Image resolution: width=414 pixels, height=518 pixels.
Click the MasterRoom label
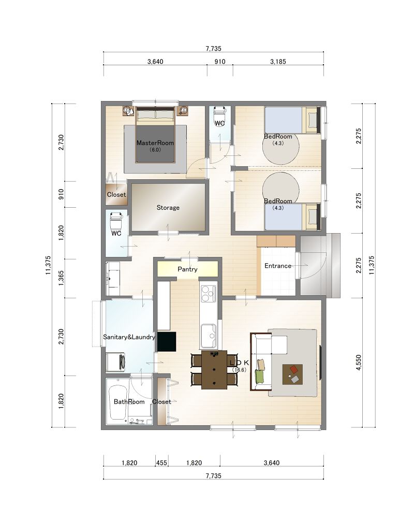tap(155, 143)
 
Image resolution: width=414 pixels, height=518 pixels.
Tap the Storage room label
tap(168, 208)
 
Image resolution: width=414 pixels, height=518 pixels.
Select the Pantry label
tap(187, 269)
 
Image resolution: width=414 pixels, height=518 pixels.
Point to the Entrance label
tap(278, 266)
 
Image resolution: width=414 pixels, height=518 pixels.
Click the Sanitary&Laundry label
tap(129, 337)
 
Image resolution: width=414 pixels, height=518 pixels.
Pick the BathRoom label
tap(129, 402)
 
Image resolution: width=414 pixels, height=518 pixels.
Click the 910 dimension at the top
tap(220, 62)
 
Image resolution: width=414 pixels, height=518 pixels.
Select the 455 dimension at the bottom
tap(161, 463)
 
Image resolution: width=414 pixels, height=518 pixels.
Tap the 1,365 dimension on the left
tap(61, 278)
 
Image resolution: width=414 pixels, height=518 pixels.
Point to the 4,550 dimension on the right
tap(359, 363)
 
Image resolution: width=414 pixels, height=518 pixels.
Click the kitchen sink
tap(209, 335)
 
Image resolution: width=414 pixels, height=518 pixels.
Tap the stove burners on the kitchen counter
tap(209, 294)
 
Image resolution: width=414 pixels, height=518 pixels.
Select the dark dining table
tap(214, 370)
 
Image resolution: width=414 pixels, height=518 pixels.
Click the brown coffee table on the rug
tap(292, 375)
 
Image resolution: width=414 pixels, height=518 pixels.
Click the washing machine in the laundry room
tap(115, 363)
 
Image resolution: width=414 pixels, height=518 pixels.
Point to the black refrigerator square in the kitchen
tap(167, 341)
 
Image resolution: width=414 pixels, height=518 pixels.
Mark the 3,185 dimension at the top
tap(278, 62)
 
